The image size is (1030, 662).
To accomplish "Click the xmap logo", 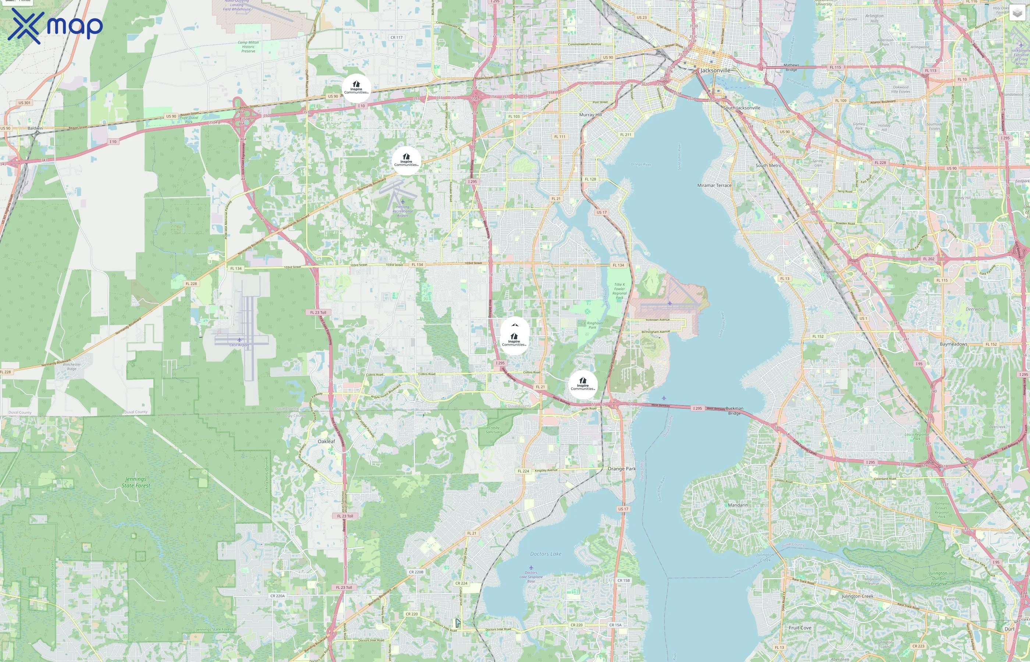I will [x=55, y=26].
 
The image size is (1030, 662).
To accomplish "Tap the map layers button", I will [x=1017, y=13].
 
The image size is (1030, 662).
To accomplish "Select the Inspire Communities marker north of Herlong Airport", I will [x=406, y=160].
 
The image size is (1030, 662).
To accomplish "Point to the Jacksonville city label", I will [x=715, y=71].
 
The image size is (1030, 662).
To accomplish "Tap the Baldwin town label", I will [x=35, y=128].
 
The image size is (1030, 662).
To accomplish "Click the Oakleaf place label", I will [x=326, y=441].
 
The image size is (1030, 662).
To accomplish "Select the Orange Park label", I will [x=621, y=469].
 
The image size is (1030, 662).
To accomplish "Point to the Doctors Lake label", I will [x=546, y=554].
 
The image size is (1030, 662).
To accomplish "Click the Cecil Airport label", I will [x=239, y=345].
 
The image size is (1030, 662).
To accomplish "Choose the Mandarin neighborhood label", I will [x=738, y=505].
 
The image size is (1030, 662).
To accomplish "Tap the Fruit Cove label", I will [x=800, y=627].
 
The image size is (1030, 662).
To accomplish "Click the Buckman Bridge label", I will [x=734, y=410].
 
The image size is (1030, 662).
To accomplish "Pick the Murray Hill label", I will [x=591, y=115].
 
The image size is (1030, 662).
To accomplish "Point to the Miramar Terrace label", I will [x=714, y=185].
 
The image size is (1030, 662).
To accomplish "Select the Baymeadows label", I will [x=953, y=344].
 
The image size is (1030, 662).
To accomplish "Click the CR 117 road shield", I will [x=396, y=38].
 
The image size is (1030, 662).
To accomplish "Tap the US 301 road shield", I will [x=25, y=103].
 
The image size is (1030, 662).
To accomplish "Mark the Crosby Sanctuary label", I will [x=494, y=430].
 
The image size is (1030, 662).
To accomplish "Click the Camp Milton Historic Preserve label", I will [x=248, y=46].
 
